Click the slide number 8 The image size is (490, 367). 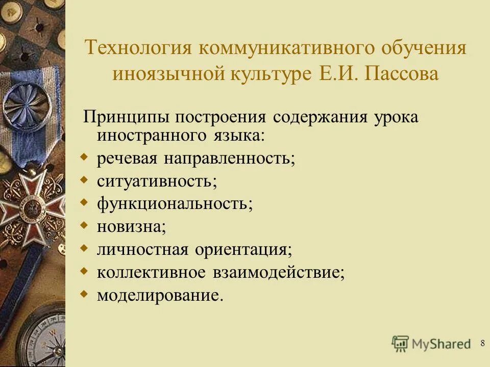coord(482,343)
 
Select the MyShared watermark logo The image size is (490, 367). coord(431,343)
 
